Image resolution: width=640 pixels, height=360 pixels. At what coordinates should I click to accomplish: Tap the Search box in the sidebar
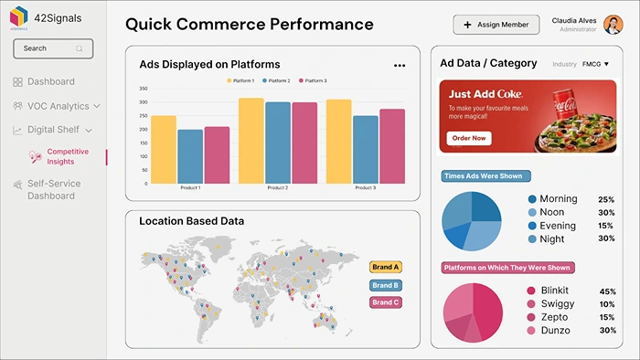click(53, 48)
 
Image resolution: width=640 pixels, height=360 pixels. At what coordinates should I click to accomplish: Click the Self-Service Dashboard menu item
click(53, 189)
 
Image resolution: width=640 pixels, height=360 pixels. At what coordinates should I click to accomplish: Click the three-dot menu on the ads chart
click(400, 66)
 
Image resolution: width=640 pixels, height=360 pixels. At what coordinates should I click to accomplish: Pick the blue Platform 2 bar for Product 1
click(190, 156)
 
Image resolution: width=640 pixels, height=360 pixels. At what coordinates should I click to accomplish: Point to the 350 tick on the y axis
click(144, 90)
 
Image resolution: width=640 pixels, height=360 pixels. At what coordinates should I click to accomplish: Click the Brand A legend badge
click(386, 267)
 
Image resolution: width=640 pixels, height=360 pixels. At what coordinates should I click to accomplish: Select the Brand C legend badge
click(385, 302)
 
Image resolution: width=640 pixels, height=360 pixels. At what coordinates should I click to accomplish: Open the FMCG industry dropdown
click(595, 64)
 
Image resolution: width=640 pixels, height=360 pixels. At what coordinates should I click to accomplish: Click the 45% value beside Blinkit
click(607, 291)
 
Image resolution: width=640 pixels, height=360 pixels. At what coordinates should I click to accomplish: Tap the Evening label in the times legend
click(558, 226)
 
